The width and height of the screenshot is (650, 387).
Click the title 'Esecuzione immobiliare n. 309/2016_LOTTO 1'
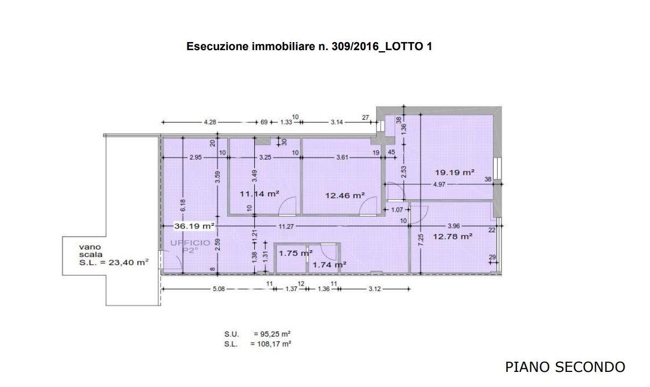click(309, 46)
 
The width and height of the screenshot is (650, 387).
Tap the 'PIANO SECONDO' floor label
click(565, 367)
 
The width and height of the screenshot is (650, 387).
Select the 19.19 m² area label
click(455, 172)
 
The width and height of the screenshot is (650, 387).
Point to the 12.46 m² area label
click(345, 195)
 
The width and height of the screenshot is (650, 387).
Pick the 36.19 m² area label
click(194, 226)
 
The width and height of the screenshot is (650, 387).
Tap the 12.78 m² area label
click(453, 236)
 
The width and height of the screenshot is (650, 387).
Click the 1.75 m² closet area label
click(296, 253)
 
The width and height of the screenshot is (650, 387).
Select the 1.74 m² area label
click(329, 264)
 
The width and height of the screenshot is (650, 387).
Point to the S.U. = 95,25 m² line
click(257, 334)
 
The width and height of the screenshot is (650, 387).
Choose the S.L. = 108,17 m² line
click(257, 343)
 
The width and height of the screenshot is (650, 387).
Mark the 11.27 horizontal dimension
click(286, 226)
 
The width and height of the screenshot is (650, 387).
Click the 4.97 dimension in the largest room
click(439, 184)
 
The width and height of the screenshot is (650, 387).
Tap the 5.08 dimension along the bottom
click(218, 289)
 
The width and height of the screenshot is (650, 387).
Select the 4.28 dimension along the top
click(209, 122)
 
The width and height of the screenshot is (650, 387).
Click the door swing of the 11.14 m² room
click(288, 205)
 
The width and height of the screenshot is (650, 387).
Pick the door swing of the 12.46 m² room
click(369, 205)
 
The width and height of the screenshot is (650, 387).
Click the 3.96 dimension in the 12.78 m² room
click(453, 226)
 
